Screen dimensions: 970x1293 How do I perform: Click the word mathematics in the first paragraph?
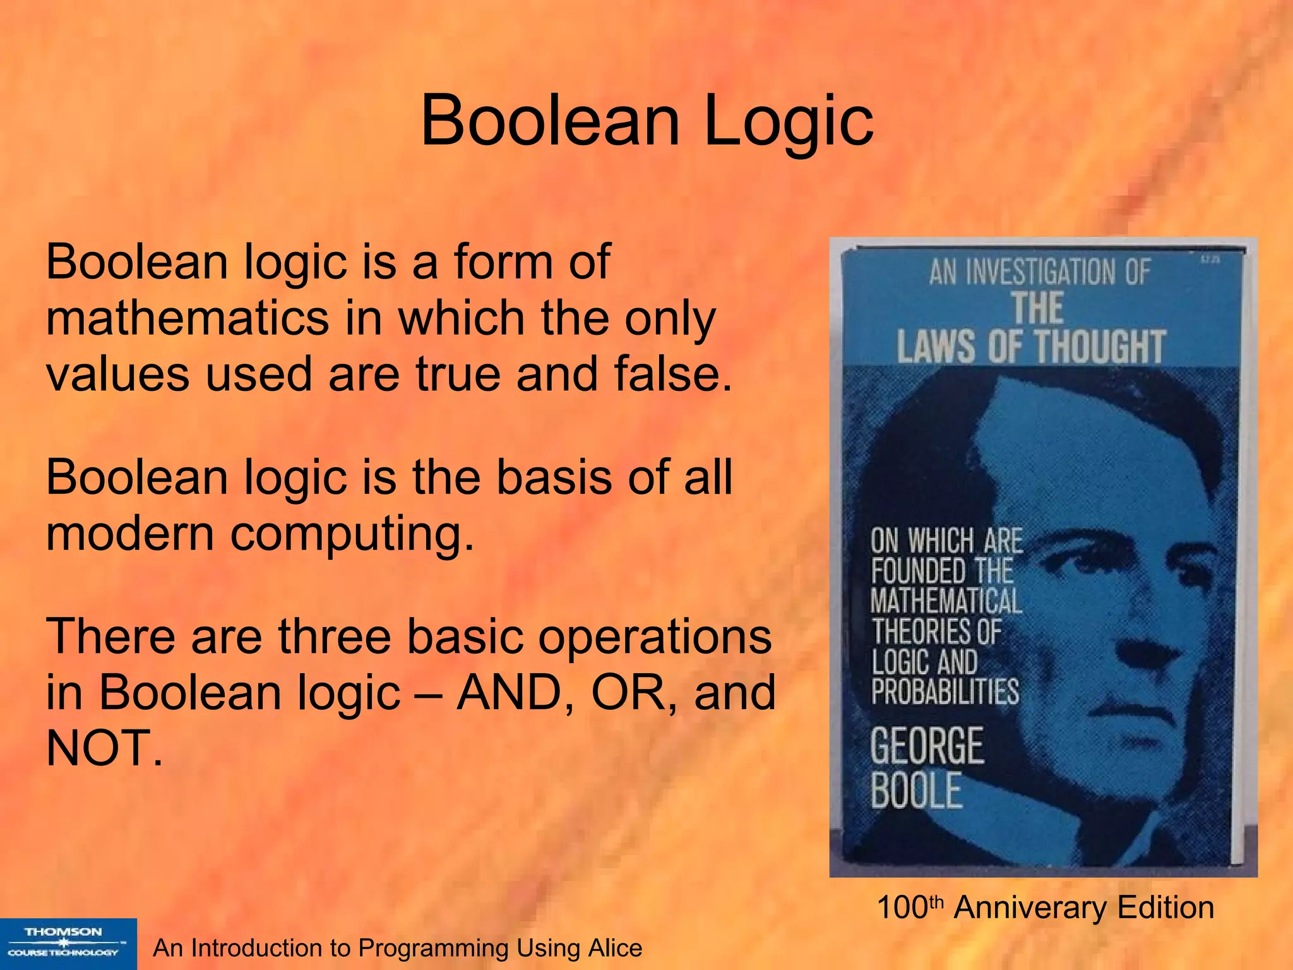(188, 318)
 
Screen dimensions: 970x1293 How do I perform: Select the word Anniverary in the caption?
(1030, 907)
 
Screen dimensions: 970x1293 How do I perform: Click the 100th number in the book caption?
(909, 907)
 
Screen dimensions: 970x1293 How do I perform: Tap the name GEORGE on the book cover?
(927, 746)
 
